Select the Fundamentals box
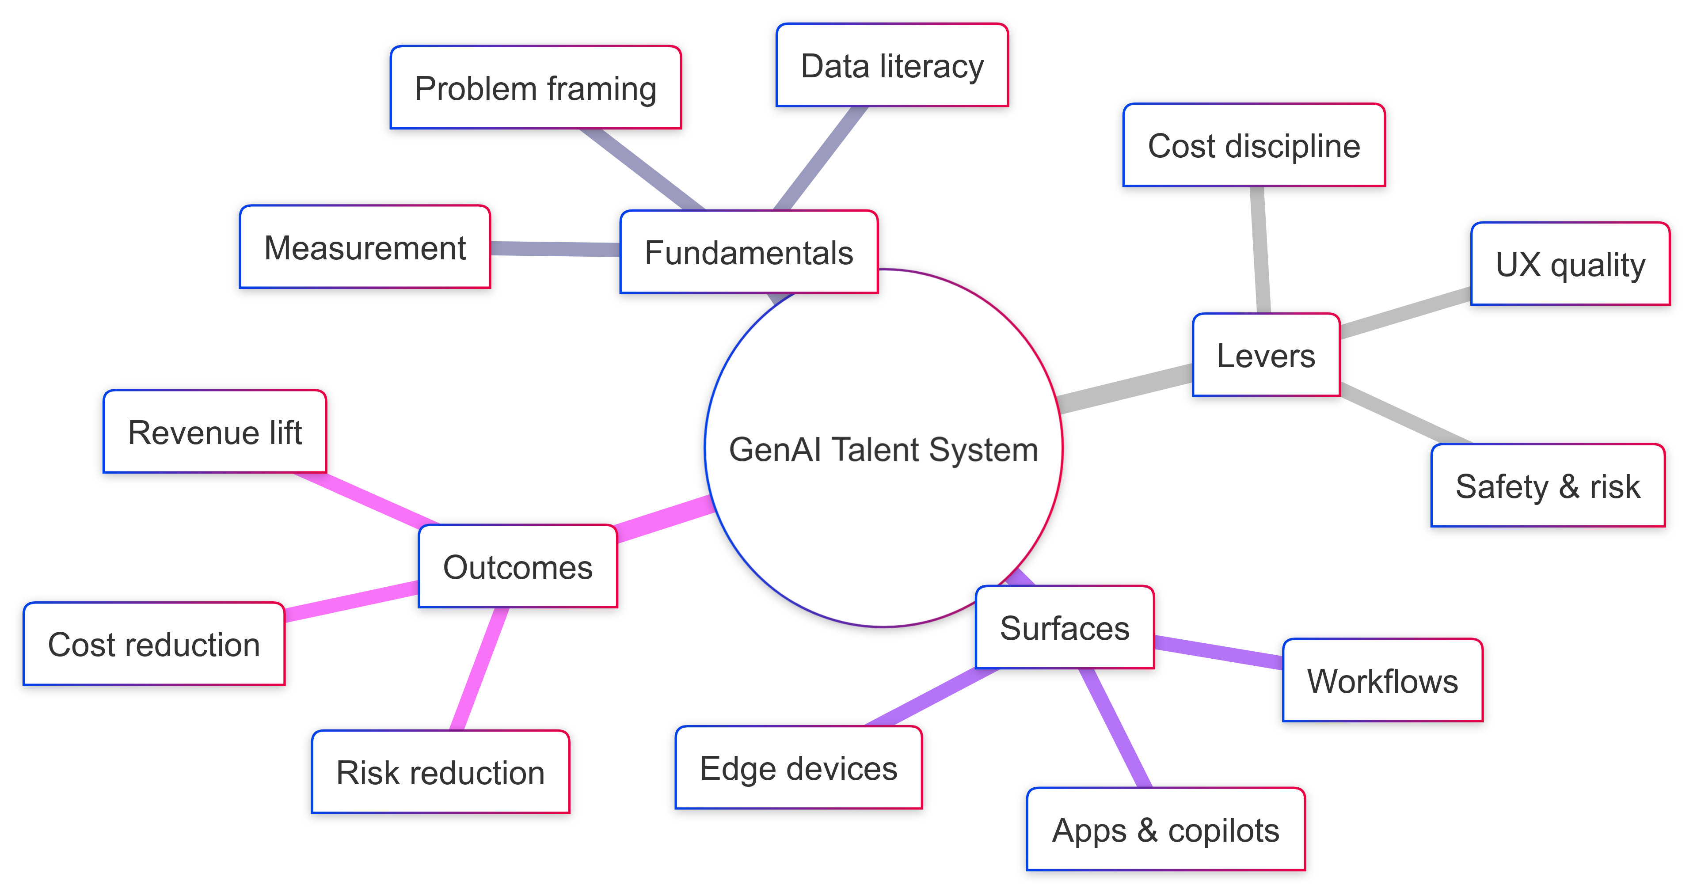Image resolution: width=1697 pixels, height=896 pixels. [749, 252]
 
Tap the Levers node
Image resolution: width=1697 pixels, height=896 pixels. [1266, 355]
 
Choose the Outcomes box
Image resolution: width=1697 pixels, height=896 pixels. [518, 566]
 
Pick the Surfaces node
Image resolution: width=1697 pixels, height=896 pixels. [1065, 627]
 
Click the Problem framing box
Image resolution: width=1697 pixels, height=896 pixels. [536, 87]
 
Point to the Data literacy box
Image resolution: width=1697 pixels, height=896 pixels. [892, 65]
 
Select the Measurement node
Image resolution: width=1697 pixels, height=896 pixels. [365, 247]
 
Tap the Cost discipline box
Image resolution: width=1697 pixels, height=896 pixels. [1254, 145]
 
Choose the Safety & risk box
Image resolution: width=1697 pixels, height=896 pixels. [1548, 486]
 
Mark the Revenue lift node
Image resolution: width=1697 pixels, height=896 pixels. [215, 432]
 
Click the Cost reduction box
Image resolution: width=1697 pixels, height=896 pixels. [154, 644]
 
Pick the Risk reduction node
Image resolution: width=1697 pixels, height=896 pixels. [440, 771]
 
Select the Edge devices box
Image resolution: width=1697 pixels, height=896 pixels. [799, 767]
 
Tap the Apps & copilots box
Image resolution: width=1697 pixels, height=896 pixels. [1165, 829]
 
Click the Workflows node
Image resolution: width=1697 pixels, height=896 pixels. [1382, 680]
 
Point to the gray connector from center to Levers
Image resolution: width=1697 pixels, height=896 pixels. [1126, 389]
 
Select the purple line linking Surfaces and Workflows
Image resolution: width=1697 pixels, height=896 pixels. [1219, 652]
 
